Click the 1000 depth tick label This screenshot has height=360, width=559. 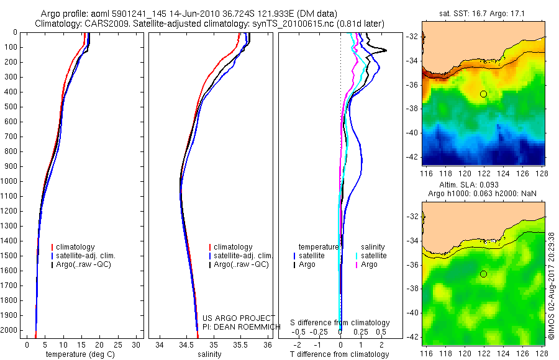coord(10,181)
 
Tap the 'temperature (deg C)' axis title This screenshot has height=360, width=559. coord(80,354)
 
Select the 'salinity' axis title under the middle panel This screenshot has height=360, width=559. coord(209,354)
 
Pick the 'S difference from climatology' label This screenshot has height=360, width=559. coord(340,323)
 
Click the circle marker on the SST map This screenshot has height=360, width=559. coord(483,94)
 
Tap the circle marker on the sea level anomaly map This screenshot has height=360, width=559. coord(483,274)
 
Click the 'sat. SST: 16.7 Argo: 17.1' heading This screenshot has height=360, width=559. coord(484,12)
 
